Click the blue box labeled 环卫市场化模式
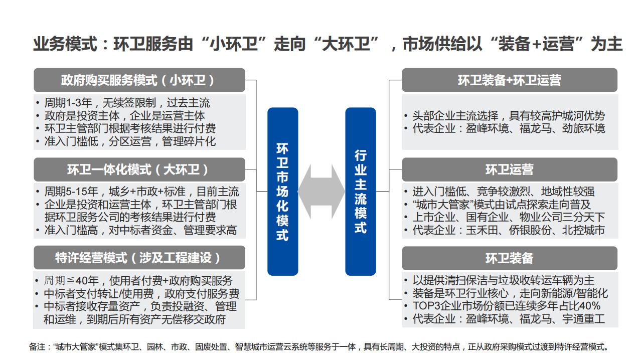(282, 192)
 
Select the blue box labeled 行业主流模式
(361, 192)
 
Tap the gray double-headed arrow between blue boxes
(322, 192)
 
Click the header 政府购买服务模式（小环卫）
(139, 80)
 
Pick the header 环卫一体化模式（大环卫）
(139, 169)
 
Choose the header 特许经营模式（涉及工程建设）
(139, 258)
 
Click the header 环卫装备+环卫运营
(510, 80)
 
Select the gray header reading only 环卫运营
(510, 169)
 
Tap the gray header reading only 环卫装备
(510, 258)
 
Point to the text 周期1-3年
(68, 103)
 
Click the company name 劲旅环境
(583, 128)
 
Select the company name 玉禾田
(482, 230)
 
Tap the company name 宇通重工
(583, 319)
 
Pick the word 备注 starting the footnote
(37, 347)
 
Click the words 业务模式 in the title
(65, 45)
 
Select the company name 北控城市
(583, 230)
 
